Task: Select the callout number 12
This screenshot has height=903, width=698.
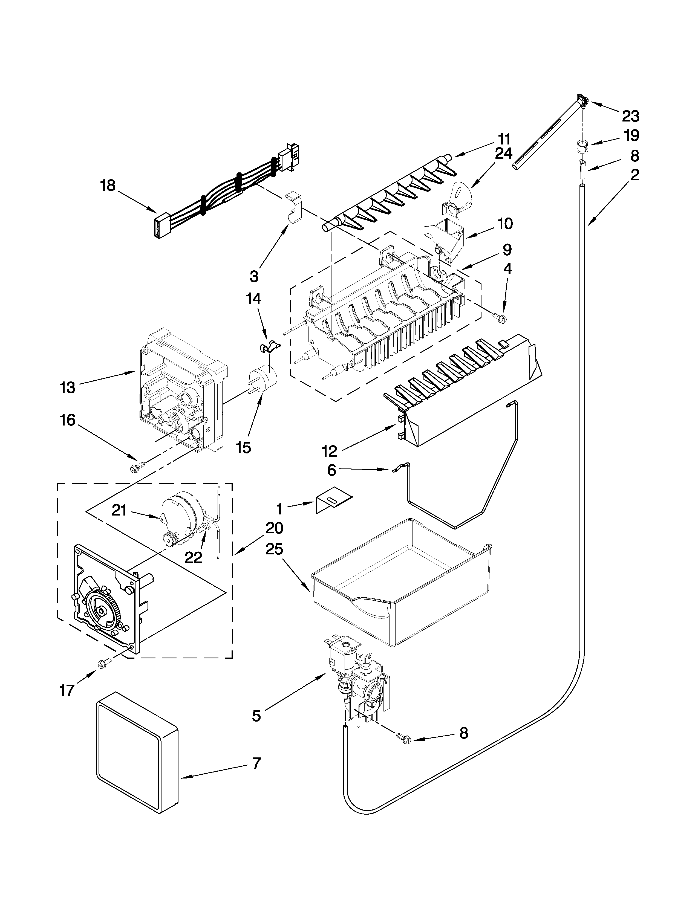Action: point(330,451)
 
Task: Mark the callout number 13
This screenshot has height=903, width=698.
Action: point(67,387)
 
